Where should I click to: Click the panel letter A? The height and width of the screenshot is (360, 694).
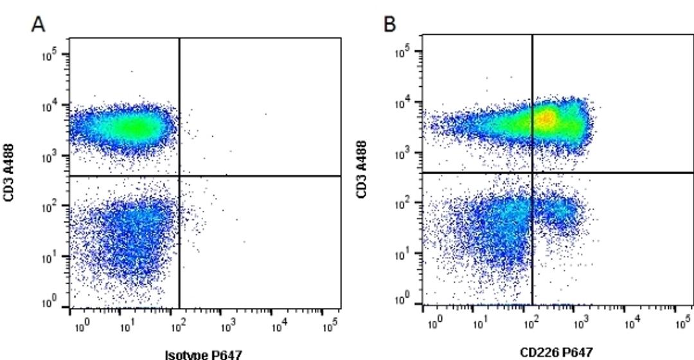point(39,24)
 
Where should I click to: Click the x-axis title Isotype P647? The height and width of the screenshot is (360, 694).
point(203,354)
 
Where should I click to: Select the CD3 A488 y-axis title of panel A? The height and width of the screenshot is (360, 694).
point(8,172)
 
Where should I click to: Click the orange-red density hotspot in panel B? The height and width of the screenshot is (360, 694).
point(546,119)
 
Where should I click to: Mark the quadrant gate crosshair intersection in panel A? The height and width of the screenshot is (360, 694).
point(179,175)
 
